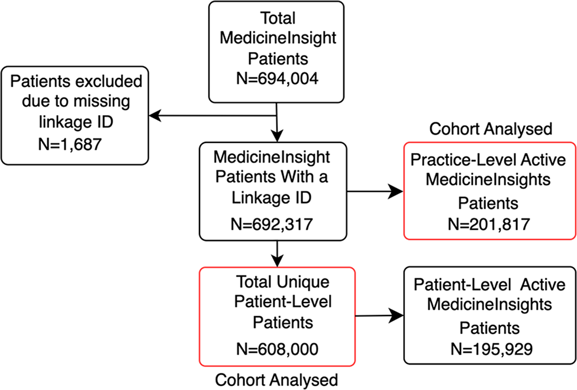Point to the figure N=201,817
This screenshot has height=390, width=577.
489,225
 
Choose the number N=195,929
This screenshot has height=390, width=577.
489,349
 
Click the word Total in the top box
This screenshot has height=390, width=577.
277,19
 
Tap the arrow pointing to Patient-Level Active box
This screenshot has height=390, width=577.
394,315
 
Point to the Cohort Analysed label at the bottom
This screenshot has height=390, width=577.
276,379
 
